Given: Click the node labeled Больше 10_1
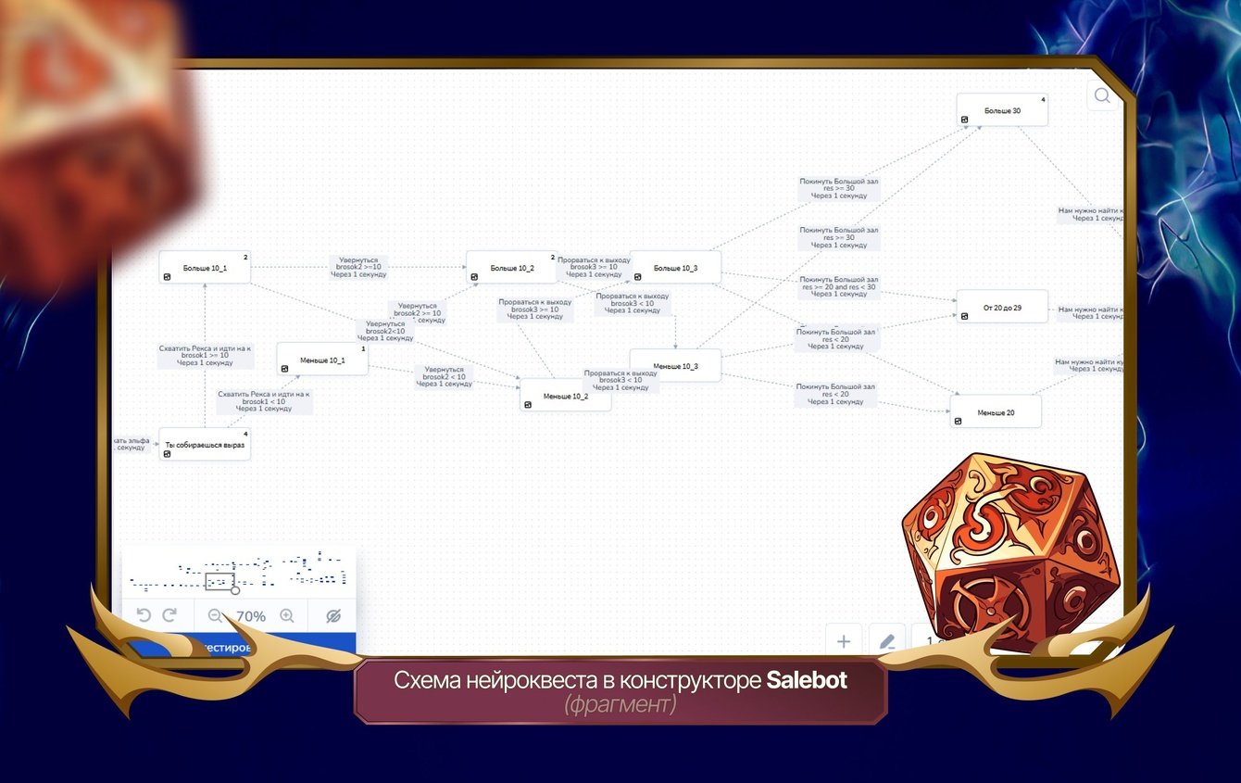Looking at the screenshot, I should (x=205, y=268).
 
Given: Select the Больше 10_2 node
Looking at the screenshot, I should (x=511, y=268).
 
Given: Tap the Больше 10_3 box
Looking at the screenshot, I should (x=675, y=268).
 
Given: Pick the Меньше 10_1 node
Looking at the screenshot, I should (x=322, y=360).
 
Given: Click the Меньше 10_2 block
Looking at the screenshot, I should (x=565, y=396).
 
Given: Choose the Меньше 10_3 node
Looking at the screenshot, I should (x=675, y=366).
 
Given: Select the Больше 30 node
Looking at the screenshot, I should (x=1002, y=110).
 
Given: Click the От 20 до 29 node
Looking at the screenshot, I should (x=1002, y=307).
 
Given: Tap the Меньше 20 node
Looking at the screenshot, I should (x=996, y=412).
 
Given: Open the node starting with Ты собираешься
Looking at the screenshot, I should (x=205, y=445).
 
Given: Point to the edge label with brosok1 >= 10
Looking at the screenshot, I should (x=205, y=355).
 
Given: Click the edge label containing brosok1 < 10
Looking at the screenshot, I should (x=264, y=400).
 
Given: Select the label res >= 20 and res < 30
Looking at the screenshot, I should (x=838, y=286).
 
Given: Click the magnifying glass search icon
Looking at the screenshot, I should (x=1102, y=95).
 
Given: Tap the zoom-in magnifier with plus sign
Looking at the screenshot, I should (x=287, y=615).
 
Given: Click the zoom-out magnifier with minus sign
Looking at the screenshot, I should (x=216, y=615).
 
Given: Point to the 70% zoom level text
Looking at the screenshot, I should (x=251, y=616).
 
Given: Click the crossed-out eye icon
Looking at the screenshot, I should (x=333, y=615).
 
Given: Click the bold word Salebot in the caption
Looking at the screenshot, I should (x=807, y=680).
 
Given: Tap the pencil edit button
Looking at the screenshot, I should (x=886, y=641).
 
